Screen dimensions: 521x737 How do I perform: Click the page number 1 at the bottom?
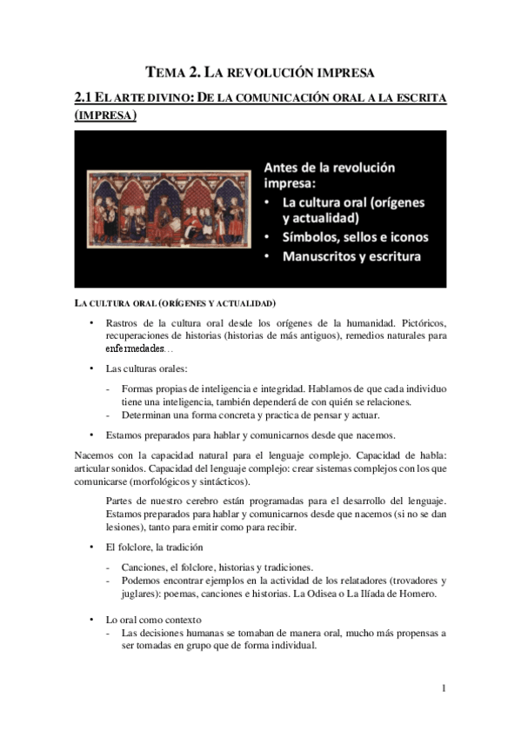[444, 688]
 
